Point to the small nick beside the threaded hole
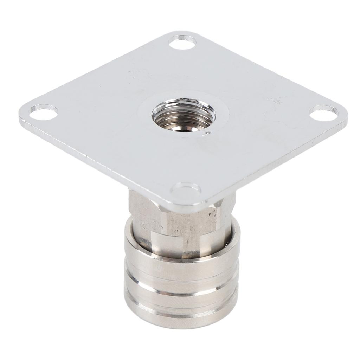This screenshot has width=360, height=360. click(x=209, y=133)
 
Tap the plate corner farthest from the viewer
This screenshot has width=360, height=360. click(x=179, y=33)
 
